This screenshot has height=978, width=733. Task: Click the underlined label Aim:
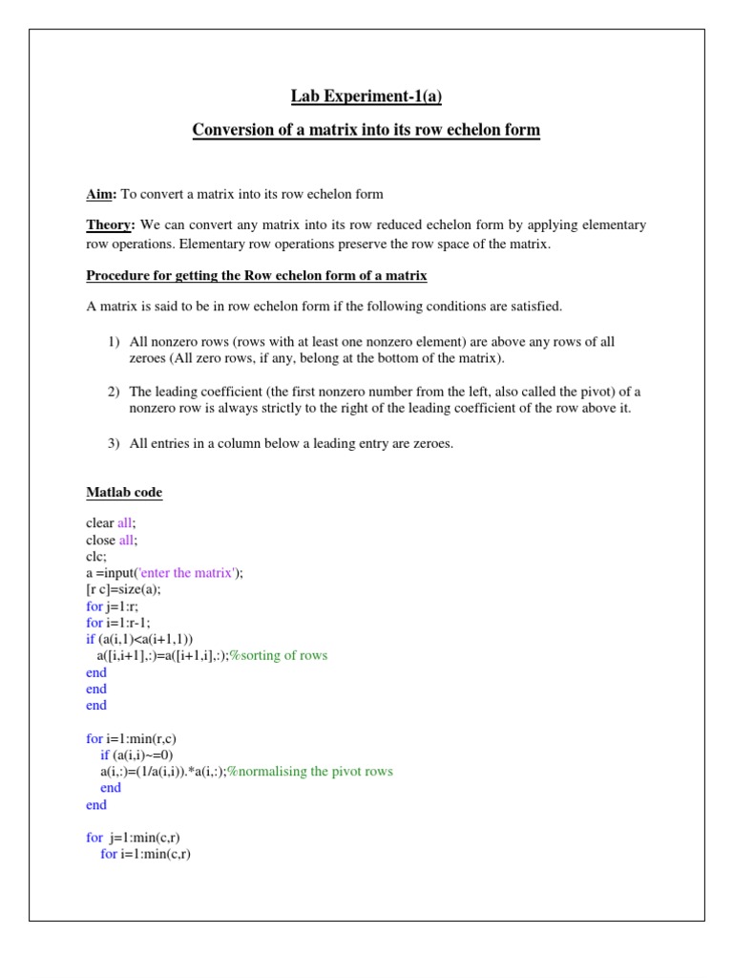tap(101, 194)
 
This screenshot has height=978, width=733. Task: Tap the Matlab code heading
tap(124, 493)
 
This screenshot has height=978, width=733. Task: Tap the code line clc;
tap(96, 556)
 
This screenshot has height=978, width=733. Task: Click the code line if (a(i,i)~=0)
tap(136, 755)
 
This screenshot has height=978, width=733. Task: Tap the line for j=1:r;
tap(109, 606)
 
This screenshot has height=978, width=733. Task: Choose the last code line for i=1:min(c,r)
tap(145, 854)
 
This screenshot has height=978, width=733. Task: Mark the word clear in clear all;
tap(100, 522)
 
